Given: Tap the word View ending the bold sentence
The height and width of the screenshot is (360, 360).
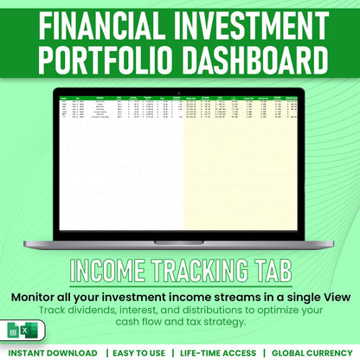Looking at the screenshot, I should [x=331, y=296].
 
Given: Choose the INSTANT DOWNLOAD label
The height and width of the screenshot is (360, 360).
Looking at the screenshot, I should [x=54, y=353].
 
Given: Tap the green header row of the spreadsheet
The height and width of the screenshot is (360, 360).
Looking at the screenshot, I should [x=180, y=98].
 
